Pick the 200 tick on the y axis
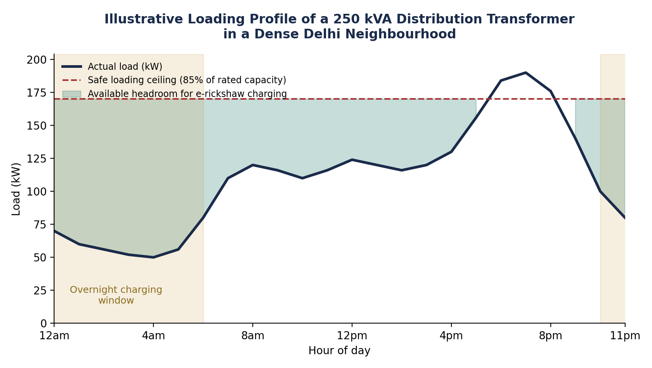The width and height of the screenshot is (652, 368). (x=36, y=60)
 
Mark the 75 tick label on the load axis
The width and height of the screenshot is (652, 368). (x=40, y=225)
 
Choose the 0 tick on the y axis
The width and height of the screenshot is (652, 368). (x=43, y=323)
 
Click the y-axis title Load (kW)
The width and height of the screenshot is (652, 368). (x=16, y=189)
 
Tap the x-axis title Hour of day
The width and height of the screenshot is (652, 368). (x=339, y=351)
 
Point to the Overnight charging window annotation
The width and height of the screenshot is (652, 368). (x=116, y=295)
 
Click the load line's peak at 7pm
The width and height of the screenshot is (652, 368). (x=526, y=72)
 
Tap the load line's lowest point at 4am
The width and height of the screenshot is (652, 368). (x=153, y=257)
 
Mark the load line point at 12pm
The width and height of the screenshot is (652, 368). (x=352, y=160)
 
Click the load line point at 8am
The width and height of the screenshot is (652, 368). (x=253, y=165)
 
